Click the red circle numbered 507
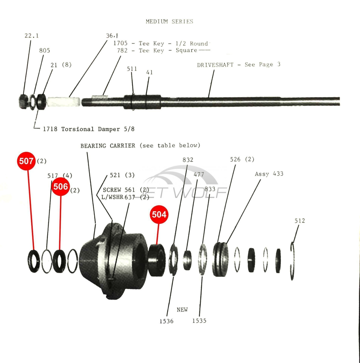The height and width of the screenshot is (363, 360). pos(26,161)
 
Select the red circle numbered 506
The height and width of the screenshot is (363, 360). pos(61,187)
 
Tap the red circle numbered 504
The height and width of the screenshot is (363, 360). pos(159,214)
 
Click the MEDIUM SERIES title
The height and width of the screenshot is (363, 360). pos(170,21)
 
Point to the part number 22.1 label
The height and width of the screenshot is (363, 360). pos(32,36)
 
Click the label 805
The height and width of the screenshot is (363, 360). pos(45,51)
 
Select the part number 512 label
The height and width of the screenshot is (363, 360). pos(300,221)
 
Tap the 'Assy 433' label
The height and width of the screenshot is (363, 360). pos(269,174)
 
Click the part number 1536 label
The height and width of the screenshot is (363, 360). pos(167,321)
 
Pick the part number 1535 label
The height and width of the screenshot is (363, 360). pos(199,321)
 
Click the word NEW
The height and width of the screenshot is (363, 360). pos(182,310)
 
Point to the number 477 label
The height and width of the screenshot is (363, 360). pos(199,175)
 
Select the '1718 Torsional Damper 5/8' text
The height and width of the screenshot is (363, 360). pos(89,129)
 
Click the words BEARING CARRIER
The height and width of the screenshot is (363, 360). pos(108,146)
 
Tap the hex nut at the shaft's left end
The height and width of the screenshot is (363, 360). pos(24,102)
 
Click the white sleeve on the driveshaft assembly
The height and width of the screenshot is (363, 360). pos(64,102)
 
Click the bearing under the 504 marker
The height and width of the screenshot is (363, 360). pos(157,260)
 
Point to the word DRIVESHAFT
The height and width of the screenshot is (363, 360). pos(215,65)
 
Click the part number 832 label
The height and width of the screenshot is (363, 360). pos(188,160)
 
